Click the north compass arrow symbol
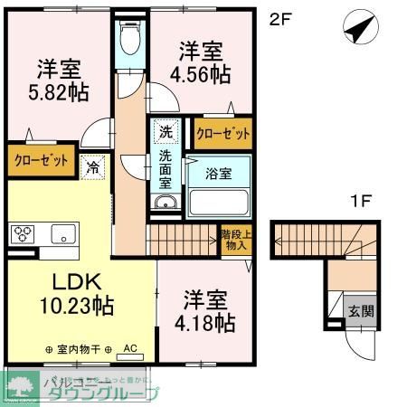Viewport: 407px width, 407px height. tap(358, 29)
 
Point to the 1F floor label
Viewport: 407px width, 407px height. tap(360, 202)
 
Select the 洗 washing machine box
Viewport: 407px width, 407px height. tap(166, 132)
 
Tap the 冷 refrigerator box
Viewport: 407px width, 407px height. tap(91, 166)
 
